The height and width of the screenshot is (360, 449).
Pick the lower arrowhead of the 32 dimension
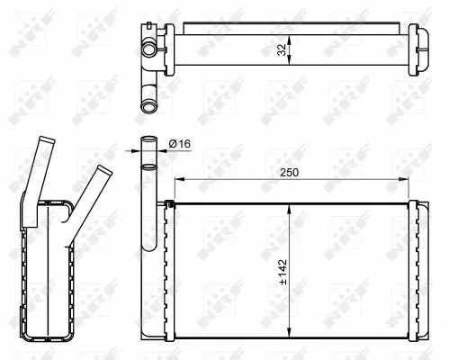288,71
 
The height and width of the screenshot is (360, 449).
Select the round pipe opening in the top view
148,107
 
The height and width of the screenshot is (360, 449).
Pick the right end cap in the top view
421,50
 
